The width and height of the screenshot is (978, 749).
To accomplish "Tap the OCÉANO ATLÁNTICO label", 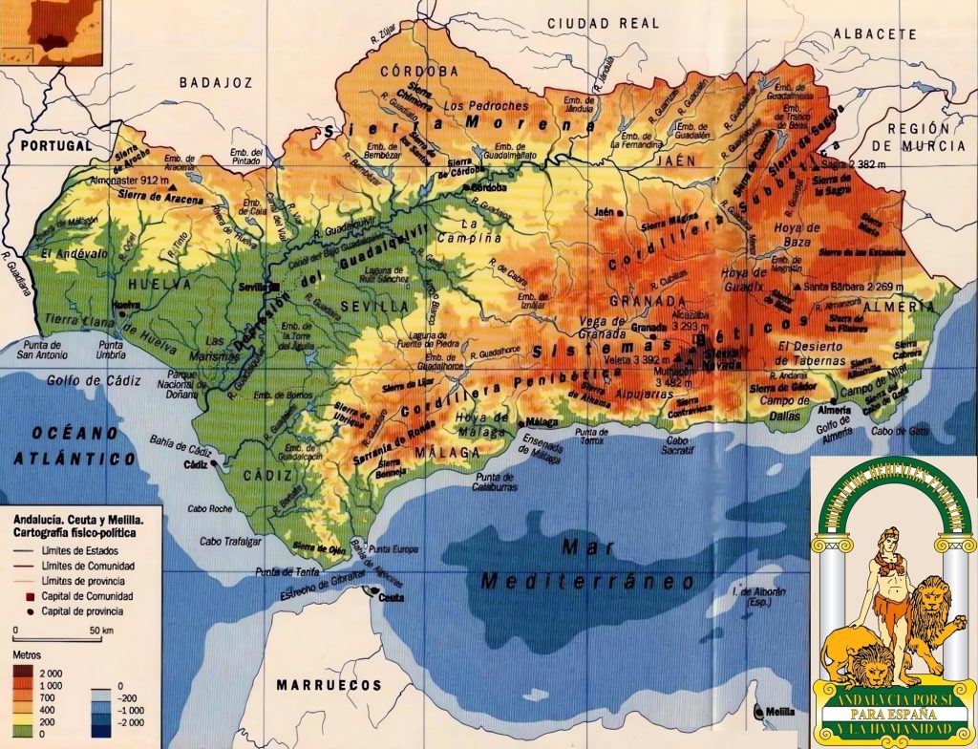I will [x=74, y=444].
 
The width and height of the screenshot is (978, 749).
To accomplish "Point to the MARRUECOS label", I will [x=329, y=685].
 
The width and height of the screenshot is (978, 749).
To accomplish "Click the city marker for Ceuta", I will [x=374, y=598].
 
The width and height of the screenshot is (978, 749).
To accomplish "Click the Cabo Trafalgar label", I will [x=230, y=542].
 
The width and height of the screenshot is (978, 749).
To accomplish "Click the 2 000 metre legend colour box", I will [x=22, y=674].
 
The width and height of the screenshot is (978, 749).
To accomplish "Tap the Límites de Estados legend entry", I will [x=86, y=551].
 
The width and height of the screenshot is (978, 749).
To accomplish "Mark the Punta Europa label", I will [x=393, y=549].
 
